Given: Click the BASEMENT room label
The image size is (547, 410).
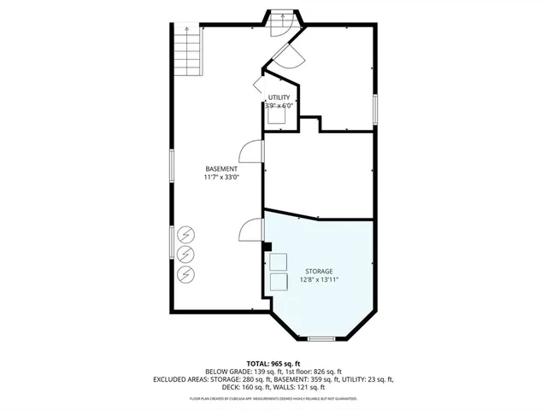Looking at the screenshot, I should pyautogui.click(x=221, y=168).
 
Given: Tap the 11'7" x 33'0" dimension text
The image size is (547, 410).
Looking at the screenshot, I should pyautogui.click(x=221, y=178).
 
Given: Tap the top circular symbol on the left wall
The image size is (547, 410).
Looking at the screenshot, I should pyautogui.click(x=185, y=235).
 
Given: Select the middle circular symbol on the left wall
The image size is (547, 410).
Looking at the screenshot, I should pyautogui.click(x=185, y=254).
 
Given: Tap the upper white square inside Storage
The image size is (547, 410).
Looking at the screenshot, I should pyautogui.click(x=279, y=261).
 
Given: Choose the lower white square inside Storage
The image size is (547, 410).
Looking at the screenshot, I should pyautogui.click(x=279, y=283).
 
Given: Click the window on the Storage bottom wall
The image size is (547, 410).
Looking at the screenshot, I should pyautogui.click(x=321, y=340).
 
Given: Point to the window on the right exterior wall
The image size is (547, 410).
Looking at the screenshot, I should pyautogui.click(x=375, y=110).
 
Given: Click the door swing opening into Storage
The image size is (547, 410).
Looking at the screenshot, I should pyautogui.click(x=250, y=229).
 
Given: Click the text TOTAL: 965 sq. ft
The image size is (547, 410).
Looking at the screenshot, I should pyautogui.click(x=273, y=363).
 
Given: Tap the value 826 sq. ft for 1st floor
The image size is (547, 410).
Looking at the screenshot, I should pyautogui.click(x=326, y=372).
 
